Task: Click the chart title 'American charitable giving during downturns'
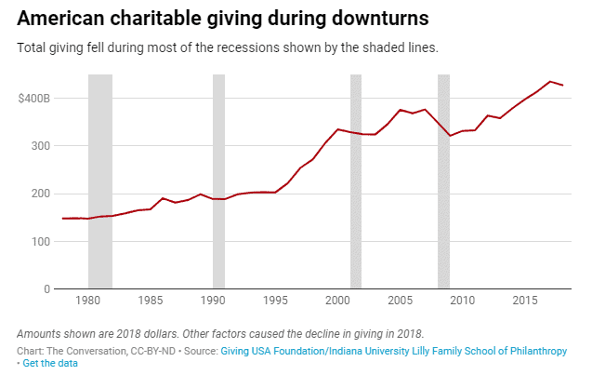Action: point(223,19)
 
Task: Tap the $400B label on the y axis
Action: point(33,99)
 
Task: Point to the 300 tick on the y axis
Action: point(40,146)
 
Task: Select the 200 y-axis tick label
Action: point(40,194)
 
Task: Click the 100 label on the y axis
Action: point(41,242)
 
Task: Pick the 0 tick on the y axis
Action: point(46,289)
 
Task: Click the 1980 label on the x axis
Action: point(87,301)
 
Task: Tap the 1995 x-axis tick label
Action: point(275,301)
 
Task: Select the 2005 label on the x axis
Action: point(401,301)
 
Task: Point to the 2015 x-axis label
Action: point(525,301)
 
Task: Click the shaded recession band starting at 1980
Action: point(100,181)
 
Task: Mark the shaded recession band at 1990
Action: point(219,181)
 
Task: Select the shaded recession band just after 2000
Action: point(356,181)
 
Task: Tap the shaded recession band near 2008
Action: point(444,181)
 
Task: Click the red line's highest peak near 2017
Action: point(550,81)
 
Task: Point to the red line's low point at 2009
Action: point(450,136)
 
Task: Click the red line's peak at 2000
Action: point(338,129)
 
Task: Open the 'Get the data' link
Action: point(50,363)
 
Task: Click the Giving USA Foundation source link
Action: point(394,351)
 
